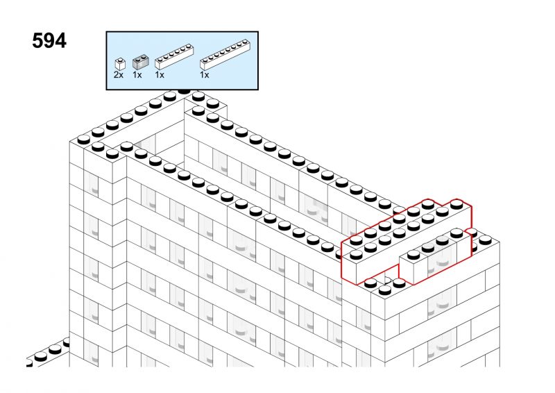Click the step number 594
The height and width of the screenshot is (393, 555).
pyautogui.click(x=49, y=41)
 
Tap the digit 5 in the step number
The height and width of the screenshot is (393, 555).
pyautogui.click(x=37, y=41)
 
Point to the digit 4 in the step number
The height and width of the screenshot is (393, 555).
pyautogui.click(x=61, y=41)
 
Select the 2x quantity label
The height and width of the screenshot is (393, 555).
pyautogui.click(x=119, y=75)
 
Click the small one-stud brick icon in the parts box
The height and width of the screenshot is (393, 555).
pyautogui.click(x=120, y=64)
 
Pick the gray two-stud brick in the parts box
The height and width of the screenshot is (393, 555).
pyautogui.click(x=140, y=62)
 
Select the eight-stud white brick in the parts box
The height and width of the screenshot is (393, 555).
pyautogui.click(x=225, y=55)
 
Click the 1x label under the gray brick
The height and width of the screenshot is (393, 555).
pyautogui.click(x=137, y=75)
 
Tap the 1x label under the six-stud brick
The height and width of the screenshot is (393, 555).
pyautogui.click(x=160, y=75)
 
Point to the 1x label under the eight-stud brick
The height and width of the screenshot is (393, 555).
pyautogui.click(x=204, y=75)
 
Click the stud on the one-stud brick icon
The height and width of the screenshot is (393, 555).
pyautogui.click(x=121, y=60)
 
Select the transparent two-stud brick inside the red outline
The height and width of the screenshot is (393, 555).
pyautogui.click(x=442, y=257)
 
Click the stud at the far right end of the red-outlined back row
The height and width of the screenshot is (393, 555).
pyautogui.click(x=457, y=203)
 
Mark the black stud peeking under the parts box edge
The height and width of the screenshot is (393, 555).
pyautogui.click(x=184, y=91)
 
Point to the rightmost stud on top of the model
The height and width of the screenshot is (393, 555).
pyautogui.click(x=486, y=240)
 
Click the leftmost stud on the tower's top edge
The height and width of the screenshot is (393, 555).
pyautogui.click(x=83, y=140)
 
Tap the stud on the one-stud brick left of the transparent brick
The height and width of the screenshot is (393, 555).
pyautogui.click(x=413, y=254)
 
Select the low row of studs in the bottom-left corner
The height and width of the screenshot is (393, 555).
pyautogui.click(x=48, y=353)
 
